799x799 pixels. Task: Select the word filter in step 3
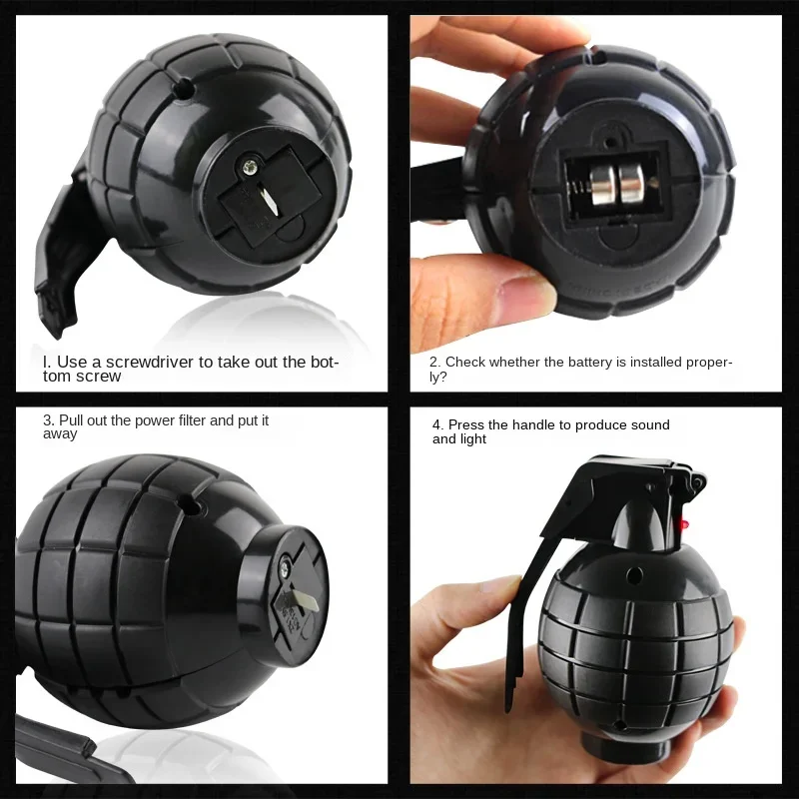pos(191,420)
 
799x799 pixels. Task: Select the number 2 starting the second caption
pos(434,363)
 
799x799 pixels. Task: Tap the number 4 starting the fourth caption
pos(436,425)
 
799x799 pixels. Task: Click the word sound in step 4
pos(648,425)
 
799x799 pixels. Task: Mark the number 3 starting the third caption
pos(47,420)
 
